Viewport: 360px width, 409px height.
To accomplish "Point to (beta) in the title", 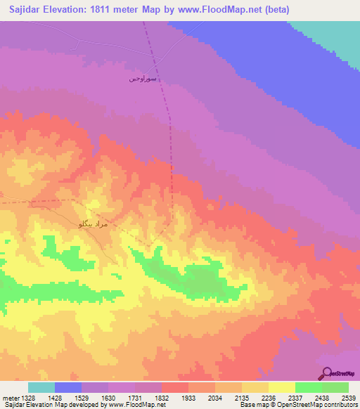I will click(272, 10).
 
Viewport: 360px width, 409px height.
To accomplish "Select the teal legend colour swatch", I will click(41, 387).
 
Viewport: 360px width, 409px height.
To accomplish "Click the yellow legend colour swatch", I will click(281, 387).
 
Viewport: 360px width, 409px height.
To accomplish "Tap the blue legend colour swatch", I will click(68, 387).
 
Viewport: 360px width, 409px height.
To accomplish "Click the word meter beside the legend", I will click(11, 397).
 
